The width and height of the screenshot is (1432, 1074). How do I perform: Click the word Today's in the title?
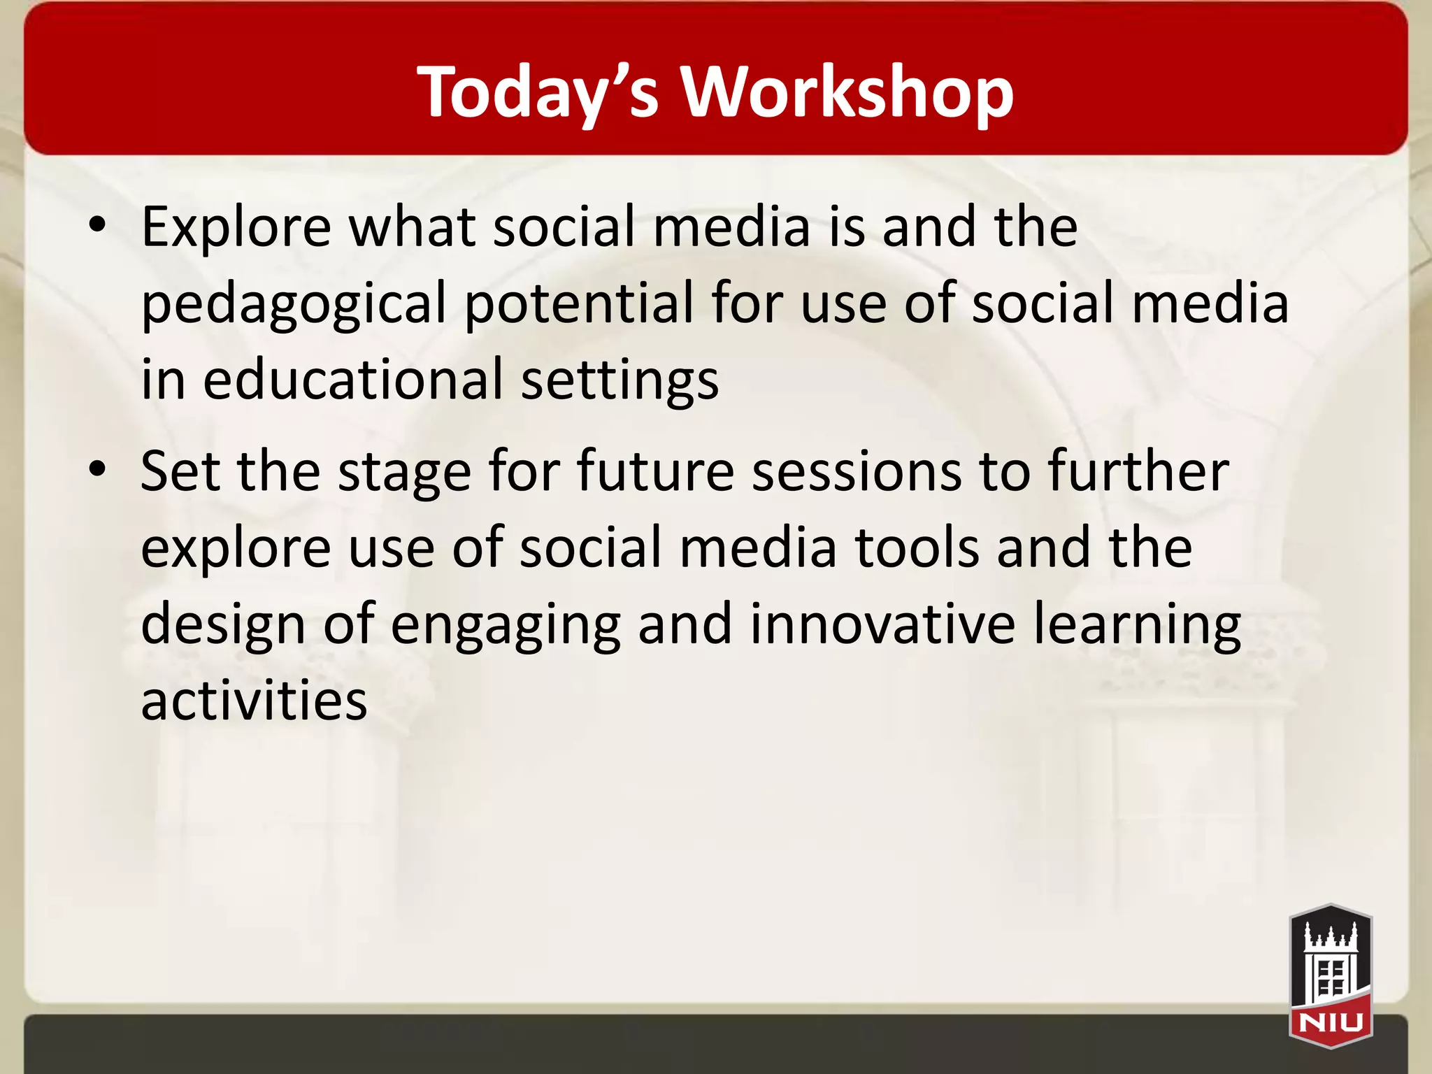click(538, 92)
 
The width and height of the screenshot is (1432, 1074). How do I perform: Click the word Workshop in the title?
click(847, 92)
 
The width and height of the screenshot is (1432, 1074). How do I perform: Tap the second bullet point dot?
click(97, 469)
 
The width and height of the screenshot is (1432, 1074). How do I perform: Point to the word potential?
click(579, 303)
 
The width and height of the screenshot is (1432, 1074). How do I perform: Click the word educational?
click(353, 379)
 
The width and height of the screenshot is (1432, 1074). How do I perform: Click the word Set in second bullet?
click(180, 471)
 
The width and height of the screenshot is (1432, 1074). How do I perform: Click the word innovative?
click(882, 624)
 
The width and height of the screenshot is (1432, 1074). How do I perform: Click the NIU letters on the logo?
click(1331, 1023)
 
